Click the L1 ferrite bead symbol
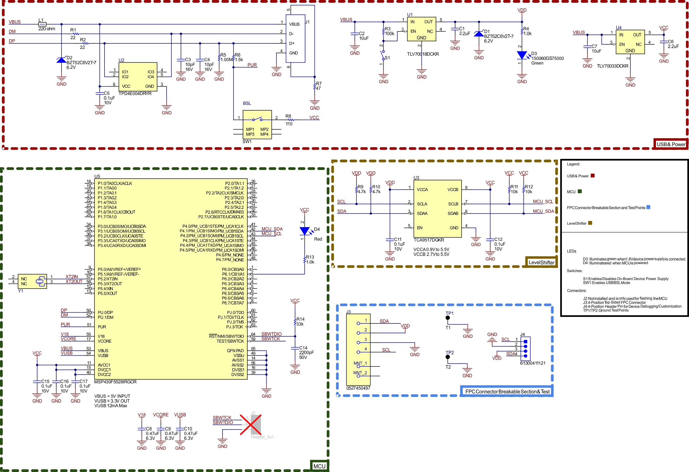click(42, 24)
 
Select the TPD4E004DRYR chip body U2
click(138, 77)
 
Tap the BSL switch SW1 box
click(257, 125)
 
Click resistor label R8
click(288, 116)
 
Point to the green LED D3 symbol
click(522, 55)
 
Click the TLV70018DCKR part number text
click(423, 54)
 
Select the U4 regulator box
click(630, 42)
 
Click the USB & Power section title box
click(671, 144)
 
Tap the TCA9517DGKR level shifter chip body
click(437, 208)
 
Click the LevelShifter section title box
click(541, 262)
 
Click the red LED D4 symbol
click(305, 231)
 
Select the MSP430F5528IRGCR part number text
click(115, 382)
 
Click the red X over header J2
click(251, 425)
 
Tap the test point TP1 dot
click(448, 318)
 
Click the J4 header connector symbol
click(525, 349)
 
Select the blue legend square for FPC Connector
click(648, 207)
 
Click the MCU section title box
click(319, 466)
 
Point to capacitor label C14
click(303, 348)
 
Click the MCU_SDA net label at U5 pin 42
click(272, 229)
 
